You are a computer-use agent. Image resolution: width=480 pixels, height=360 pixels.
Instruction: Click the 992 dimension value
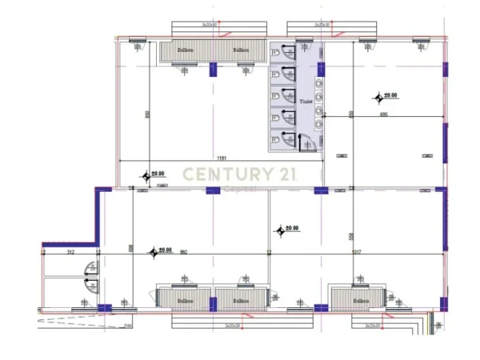tap(183, 252)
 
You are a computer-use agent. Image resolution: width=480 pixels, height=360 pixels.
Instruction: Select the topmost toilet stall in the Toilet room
tap(282, 53)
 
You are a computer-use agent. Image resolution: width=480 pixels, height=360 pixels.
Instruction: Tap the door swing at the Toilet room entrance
tap(305, 142)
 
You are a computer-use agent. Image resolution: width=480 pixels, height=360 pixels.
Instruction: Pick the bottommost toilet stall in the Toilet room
tap(282, 138)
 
